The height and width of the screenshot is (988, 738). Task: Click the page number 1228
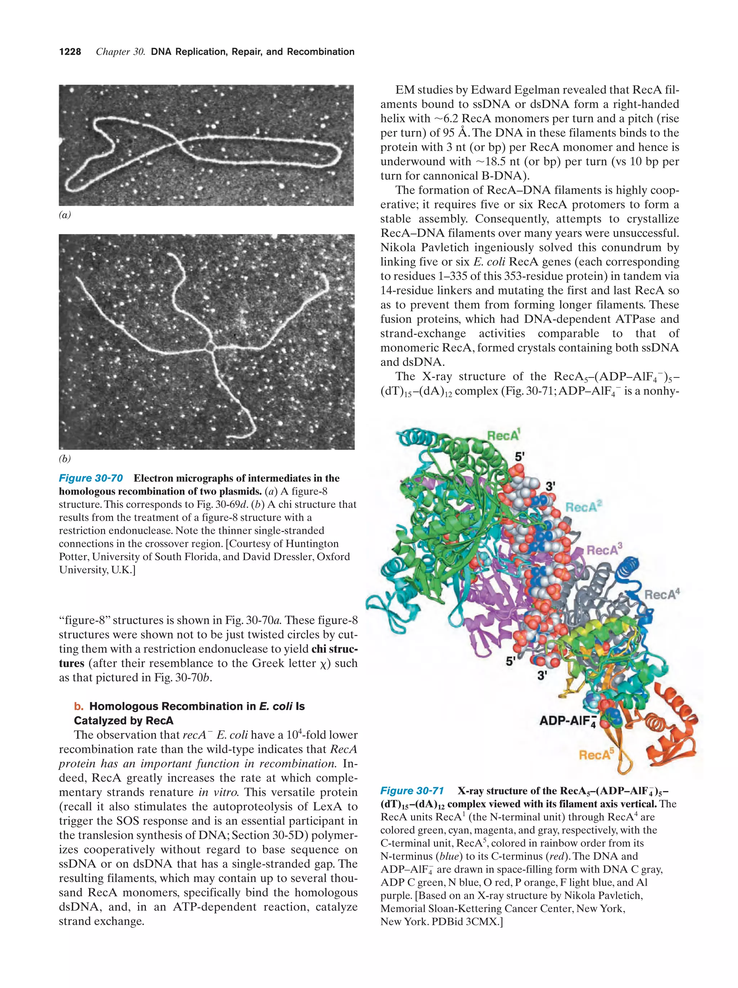(70, 52)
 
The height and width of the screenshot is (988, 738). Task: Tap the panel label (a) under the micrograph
(65, 215)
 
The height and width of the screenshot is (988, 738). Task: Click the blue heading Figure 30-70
(91, 478)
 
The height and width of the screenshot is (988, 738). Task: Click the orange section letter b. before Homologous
(79, 706)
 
